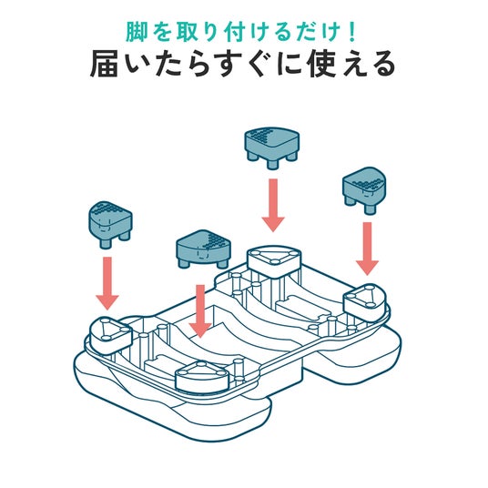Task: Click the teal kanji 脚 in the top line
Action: point(136,33)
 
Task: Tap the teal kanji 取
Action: point(187,33)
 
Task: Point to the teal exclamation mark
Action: point(352,33)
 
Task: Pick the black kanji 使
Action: point(321,64)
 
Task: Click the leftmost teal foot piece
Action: point(110,224)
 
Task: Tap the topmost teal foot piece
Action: point(272,147)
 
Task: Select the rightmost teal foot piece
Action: point(364,190)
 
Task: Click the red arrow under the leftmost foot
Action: point(107,283)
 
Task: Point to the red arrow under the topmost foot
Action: point(273,205)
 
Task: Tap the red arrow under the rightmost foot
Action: point(367,249)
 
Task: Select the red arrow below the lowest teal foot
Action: point(200,311)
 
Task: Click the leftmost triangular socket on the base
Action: point(111,335)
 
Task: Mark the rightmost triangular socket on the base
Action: point(365,301)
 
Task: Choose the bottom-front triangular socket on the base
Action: point(202,376)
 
